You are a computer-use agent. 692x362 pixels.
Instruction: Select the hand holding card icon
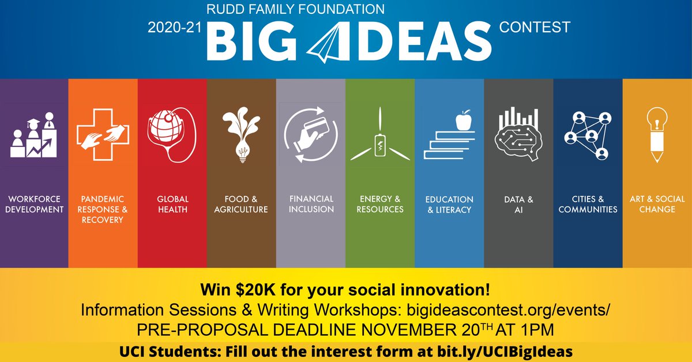[310, 134]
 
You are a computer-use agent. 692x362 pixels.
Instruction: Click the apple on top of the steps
[463, 120]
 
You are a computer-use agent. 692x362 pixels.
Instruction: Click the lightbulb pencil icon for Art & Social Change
[657, 135]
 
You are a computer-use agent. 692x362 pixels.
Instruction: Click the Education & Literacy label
[449, 203]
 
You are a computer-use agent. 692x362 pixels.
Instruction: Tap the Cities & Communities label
[588, 203]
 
